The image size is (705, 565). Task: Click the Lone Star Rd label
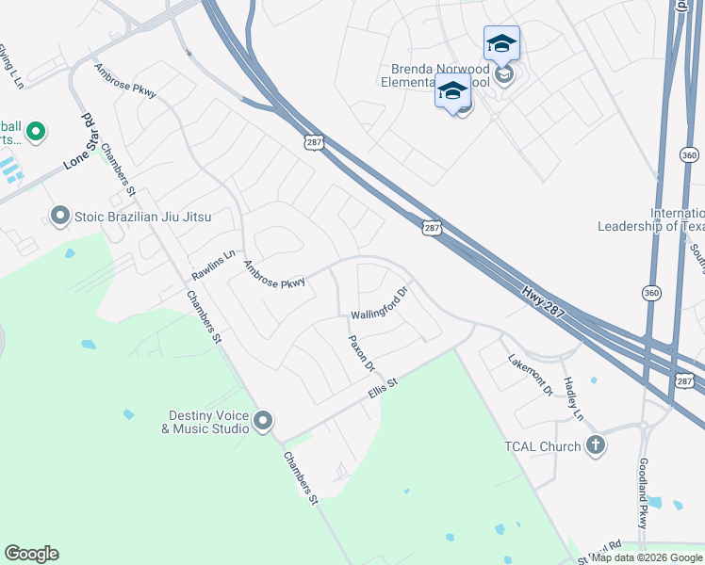coord(83,142)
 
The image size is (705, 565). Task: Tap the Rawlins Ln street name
coord(212,265)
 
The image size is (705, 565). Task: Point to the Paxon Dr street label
coord(362,352)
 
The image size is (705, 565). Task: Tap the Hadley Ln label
coord(573,397)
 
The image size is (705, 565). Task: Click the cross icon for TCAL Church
coord(595,444)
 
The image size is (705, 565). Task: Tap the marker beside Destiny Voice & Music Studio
coord(263,420)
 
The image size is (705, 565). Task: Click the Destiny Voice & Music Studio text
coord(208,421)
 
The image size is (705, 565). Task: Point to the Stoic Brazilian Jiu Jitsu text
coord(143,218)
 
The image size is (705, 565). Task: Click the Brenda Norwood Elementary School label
coord(440,75)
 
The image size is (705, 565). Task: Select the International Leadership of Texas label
coord(650,219)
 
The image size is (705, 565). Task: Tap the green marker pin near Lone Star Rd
coord(35,131)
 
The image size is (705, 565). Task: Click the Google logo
coord(31,554)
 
